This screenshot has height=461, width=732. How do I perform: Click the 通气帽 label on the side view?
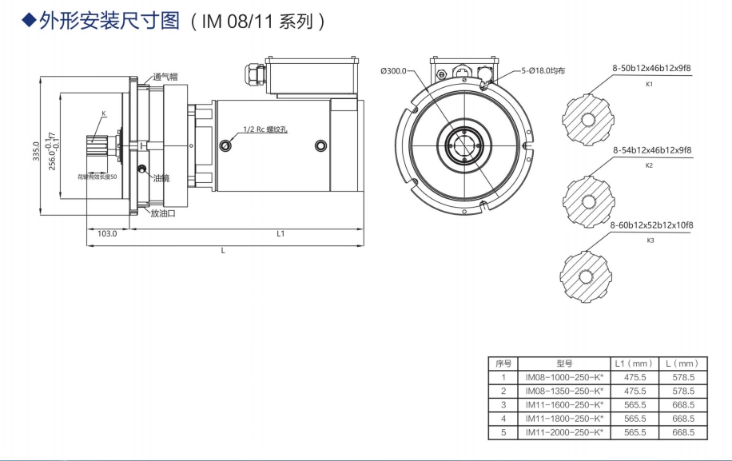coord(165,77)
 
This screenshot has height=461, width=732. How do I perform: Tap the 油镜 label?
coord(161,177)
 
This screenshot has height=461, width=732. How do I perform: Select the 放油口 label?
coord(163,213)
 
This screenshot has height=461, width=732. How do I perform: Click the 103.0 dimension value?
coord(107,234)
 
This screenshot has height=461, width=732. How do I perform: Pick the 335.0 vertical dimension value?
coord(36,148)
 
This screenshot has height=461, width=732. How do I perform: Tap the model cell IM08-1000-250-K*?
coord(563,377)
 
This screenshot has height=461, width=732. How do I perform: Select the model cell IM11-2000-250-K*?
coord(563,432)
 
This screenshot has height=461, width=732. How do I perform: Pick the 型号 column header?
coord(563,364)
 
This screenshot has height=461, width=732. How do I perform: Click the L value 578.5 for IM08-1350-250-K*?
coord(683,391)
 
